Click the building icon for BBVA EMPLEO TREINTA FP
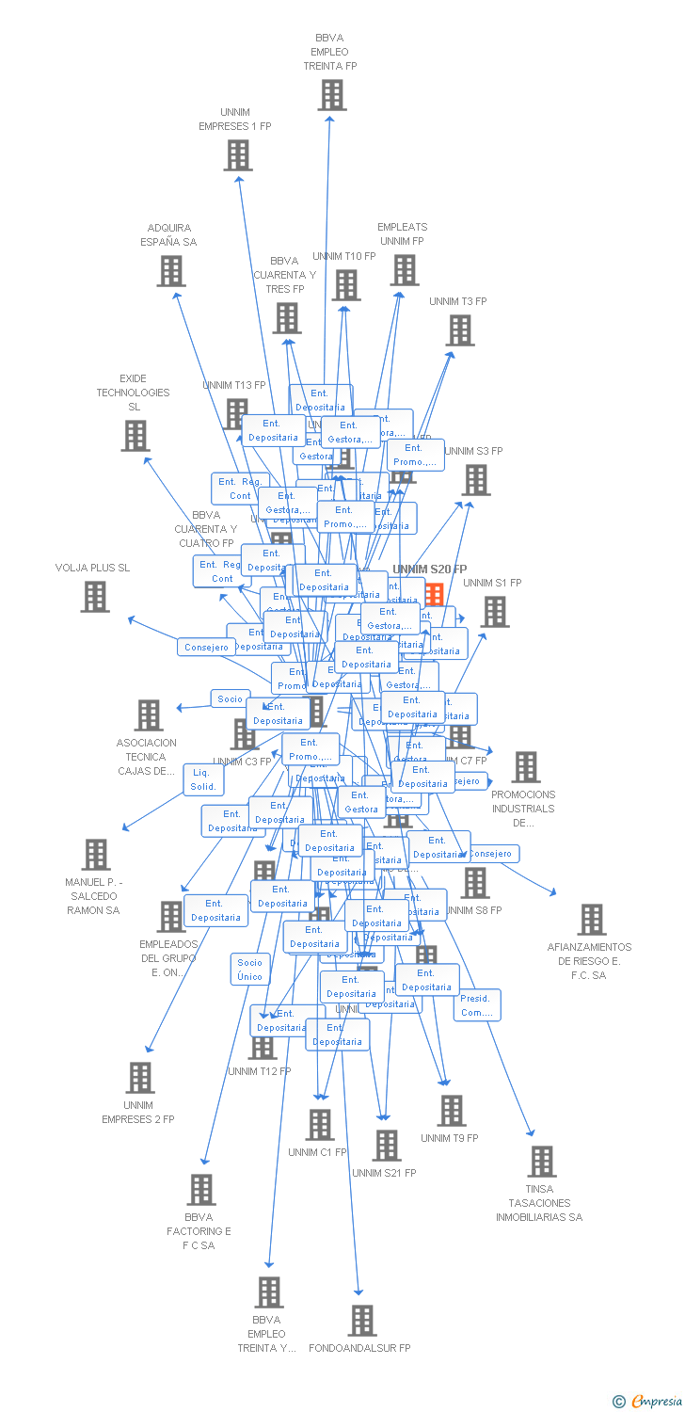point(331,95)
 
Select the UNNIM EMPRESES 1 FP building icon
point(238,155)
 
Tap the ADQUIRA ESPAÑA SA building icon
point(170,271)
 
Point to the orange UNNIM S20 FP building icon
point(434,594)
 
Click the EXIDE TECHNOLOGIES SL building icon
point(135,435)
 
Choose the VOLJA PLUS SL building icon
point(94,597)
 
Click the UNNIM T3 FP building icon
point(459,330)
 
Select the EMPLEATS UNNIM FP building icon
point(405,270)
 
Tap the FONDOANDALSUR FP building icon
point(362,1321)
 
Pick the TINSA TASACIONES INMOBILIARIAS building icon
point(541,1162)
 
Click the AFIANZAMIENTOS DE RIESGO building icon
point(591,920)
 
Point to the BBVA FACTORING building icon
point(200,1190)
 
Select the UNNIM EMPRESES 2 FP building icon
point(139,1078)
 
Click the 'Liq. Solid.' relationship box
point(203,779)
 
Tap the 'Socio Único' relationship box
point(250,970)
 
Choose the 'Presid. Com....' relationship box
point(477,1005)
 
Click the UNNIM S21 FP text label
point(384,1173)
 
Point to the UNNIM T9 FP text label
point(450,1138)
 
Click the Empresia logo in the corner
point(648,1402)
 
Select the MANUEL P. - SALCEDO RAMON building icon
point(95,855)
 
